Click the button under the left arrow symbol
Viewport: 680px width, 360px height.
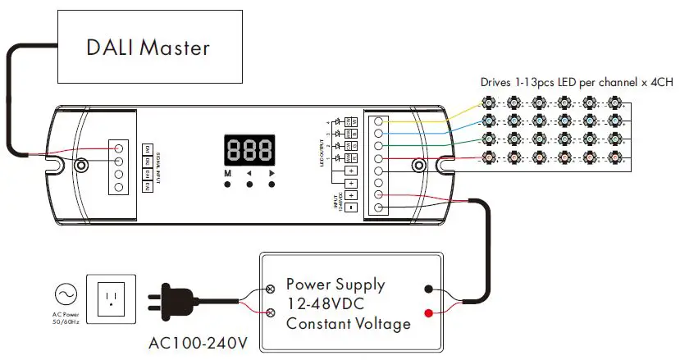(249, 185)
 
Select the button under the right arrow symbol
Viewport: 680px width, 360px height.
(271, 185)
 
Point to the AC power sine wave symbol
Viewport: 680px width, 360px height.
(65, 294)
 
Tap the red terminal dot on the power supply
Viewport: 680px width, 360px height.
(429, 312)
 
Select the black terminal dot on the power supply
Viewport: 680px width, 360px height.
(429, 289)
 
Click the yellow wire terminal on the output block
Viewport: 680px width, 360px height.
(378, 121)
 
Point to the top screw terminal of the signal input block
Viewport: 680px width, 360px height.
(119, 148)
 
